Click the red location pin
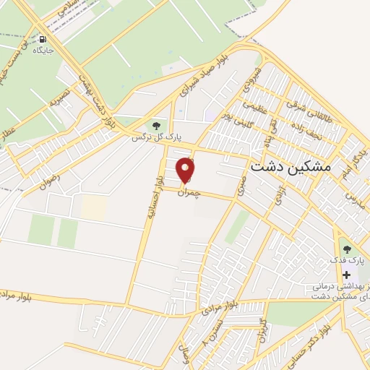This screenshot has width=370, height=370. click(x=186, y=171)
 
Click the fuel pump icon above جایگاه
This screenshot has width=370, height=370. click(x=43, y=40)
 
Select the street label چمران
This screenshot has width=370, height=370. click(x=191, y=192)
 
